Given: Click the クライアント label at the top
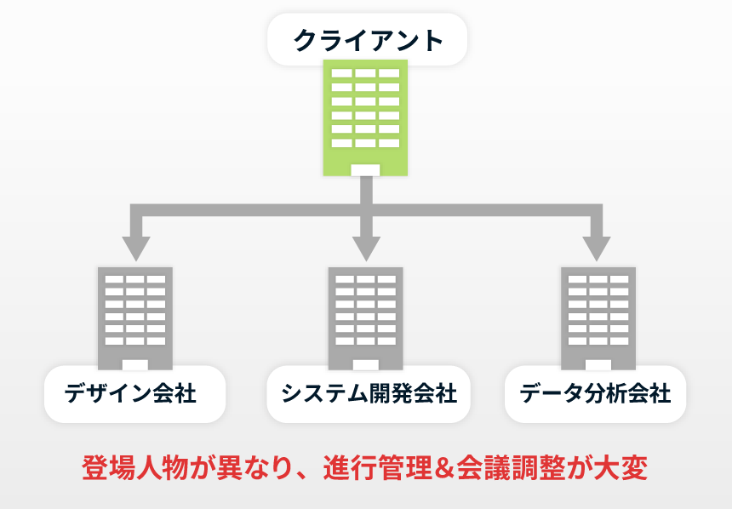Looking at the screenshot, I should (x=368, y=40).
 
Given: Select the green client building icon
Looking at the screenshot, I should (x=365, y=115).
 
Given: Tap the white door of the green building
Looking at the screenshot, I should (x=365, y=169).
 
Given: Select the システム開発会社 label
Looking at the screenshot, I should (x=368, y=394).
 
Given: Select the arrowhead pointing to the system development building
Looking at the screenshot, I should (x=366, y=248).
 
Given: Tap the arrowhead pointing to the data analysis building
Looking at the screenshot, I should (x=597, y=248).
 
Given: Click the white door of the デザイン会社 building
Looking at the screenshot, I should (x=134, y=364).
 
